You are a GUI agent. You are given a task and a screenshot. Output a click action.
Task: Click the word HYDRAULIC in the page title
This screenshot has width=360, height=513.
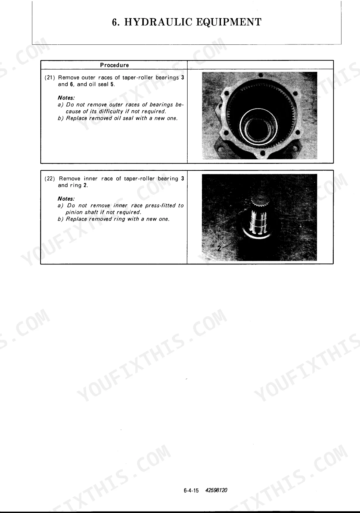[158, 22]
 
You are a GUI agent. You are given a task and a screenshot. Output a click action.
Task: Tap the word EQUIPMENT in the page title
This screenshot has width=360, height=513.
[228, 22]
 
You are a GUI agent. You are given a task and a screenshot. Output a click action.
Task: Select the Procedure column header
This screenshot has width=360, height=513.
[115, 65]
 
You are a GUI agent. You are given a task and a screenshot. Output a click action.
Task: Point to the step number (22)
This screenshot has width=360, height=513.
[50, 179]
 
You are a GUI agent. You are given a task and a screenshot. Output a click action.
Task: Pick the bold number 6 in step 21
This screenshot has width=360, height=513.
[71, 85]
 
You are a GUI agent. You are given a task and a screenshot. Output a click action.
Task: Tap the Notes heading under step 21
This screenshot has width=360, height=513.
[66, 98]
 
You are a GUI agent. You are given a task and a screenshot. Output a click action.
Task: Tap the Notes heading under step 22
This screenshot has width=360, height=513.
[66, 199]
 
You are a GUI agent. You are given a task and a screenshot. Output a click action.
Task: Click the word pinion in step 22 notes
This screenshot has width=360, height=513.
[74, 212]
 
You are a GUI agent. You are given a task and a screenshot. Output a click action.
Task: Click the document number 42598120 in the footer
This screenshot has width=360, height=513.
[216, 490]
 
